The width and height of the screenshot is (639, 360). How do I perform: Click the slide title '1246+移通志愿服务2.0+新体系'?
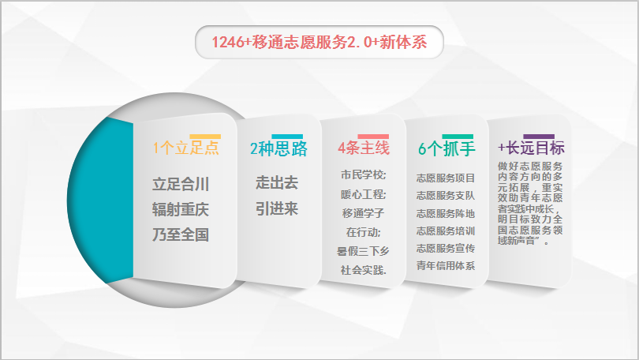click(x=319, y=42)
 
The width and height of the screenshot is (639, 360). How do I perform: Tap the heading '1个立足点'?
click(x=186, y=148)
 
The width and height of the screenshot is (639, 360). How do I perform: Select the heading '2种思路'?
click(x=278, y=148)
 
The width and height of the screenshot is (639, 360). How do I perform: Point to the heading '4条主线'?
click(x=364, y=148)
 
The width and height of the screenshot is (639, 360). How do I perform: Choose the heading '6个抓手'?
click(x=447, y=148)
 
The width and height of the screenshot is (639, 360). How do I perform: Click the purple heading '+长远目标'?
click(x=531, y=148)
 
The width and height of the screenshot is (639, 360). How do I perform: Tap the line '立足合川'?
click(x=181, y=184)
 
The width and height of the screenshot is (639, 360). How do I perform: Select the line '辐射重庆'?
click(x=181, y=209)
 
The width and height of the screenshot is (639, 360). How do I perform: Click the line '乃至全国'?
click(x=181, y=234)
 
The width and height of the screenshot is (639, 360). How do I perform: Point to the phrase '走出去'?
click(x=277, y=182)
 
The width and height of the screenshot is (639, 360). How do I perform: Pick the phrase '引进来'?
click(x=277, y=208)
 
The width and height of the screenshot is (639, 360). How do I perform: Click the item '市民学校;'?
click(x=364, y=175)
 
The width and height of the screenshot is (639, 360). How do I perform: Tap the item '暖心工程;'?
click(x=364, y=194)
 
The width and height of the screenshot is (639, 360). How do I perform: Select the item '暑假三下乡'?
click(x=363, y=251)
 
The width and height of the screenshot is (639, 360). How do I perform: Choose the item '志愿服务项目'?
click(x=446, y=178)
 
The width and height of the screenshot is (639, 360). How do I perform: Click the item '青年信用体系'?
click(x=446, y=266)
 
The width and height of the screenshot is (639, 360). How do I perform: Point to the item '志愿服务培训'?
click(x=446, y=231)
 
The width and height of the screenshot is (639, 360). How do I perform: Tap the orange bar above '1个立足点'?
click(x=205, y=137)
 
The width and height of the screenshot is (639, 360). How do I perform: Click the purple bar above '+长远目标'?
click(x=539, y=137)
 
